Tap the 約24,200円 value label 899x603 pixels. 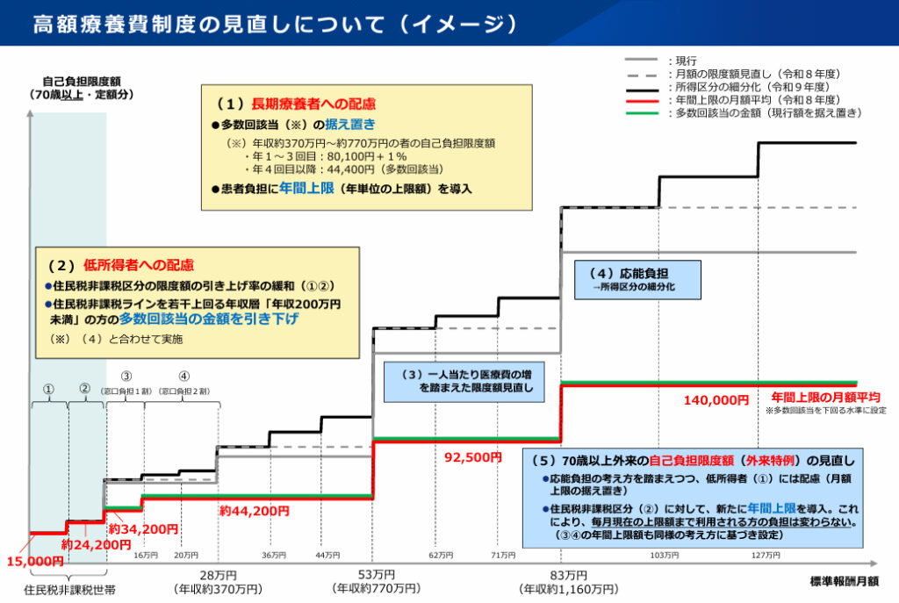point(96,545)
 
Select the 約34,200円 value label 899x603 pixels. point(143,529)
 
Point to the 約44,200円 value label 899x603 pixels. point(254,510)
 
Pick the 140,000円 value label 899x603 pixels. point(716,400)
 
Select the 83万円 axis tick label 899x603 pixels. point(561,575)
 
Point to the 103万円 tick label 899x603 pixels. point(664,556)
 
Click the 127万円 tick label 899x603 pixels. point(766,556)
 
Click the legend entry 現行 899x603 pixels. point(685,61)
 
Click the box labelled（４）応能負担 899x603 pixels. point(637,278)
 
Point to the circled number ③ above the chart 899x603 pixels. point(126,377)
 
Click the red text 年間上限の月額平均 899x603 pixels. point(825,398)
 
